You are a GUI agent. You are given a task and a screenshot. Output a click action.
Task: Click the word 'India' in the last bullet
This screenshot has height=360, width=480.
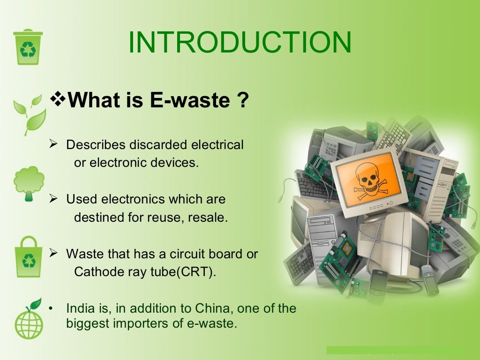pos(79,308)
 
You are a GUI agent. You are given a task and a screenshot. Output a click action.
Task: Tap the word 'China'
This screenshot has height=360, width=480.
pos(207,308)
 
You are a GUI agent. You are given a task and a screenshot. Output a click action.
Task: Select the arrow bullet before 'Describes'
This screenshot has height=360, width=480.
pos(53,144)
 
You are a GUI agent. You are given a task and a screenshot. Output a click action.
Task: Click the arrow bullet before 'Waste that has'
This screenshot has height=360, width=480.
pos(53,254)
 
